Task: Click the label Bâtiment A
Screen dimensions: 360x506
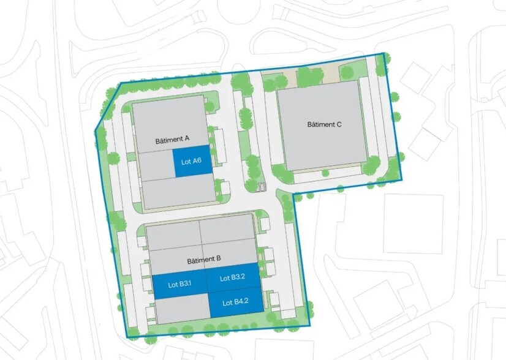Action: pyautogui.click(x=172, y=140)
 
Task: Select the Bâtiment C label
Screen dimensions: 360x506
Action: pyautogui.click(x=324, y=124)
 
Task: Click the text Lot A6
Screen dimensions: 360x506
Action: pyautogui.click(x=192, y=163)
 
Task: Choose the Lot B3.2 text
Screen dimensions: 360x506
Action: pyautogui.click(x=232, y=277)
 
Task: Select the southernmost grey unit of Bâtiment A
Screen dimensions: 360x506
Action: pyautogui.click(x=178, y=193)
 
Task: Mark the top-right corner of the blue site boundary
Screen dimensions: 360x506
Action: pyautogui.click(x=384, y=53)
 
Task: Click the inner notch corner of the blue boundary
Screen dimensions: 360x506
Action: pyautogui.click(x=293, y=193)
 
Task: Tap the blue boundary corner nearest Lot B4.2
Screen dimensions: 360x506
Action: pyautogui.click(x=310, y=326)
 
